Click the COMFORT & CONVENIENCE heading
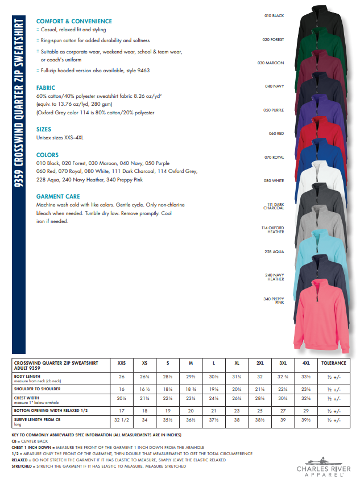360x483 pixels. click(74, 21)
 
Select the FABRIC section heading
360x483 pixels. click(45, 88)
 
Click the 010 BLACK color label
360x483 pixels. click(274, 16)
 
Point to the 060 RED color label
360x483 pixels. click(276, 133)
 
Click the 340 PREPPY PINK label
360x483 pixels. click(274, 301)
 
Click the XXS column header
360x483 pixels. click(122, 363)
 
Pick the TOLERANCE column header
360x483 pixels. click(333, 363)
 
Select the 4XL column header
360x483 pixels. click(306, 363)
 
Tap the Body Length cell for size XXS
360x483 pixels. click(122, 377)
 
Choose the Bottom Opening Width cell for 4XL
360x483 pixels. click(306, 410)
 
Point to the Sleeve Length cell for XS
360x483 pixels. click(144, 421)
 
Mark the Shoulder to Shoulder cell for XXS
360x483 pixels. click(122, 389)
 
